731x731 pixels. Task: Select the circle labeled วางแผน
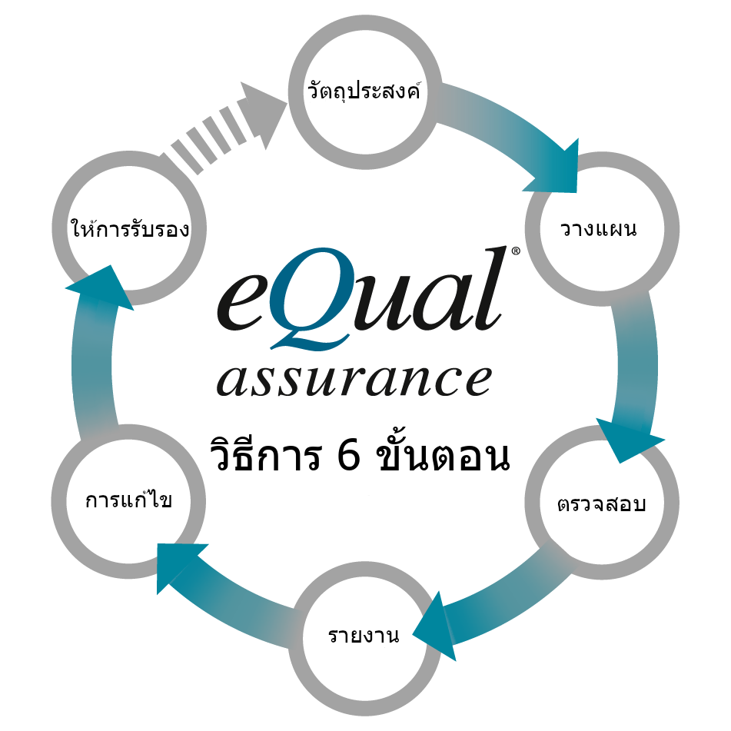602,228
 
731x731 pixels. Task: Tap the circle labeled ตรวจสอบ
602,503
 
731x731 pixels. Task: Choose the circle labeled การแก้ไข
128,501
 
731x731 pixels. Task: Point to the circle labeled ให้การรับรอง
128,228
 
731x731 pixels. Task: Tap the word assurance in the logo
354,378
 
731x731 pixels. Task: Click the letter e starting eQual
244,300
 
